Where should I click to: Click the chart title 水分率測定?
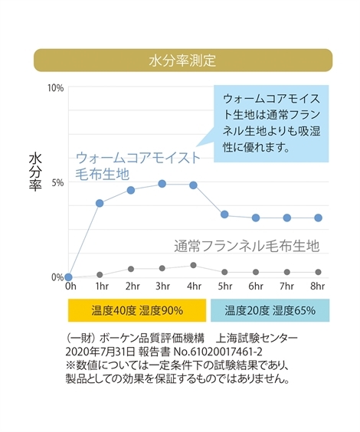tap(182, 60)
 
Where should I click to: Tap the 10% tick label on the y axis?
tap(55, 87)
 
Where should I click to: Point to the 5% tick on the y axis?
tap(57, 182)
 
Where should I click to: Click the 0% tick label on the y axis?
tap(57, 277)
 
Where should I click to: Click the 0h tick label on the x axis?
tap(70, 286)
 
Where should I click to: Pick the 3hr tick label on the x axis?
tap(162, 286)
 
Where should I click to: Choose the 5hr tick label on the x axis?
tap(224, 286)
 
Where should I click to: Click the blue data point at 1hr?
tap(100, 203)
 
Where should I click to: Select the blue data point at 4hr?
tap(194, 185)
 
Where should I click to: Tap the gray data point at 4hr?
tap(194, 265)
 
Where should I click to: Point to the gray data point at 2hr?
tap(131, 269)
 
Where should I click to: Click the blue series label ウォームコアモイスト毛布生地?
tap(138, 165)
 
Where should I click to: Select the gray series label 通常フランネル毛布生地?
tap(245, 246)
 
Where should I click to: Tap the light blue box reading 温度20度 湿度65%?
tap(270, 310)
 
